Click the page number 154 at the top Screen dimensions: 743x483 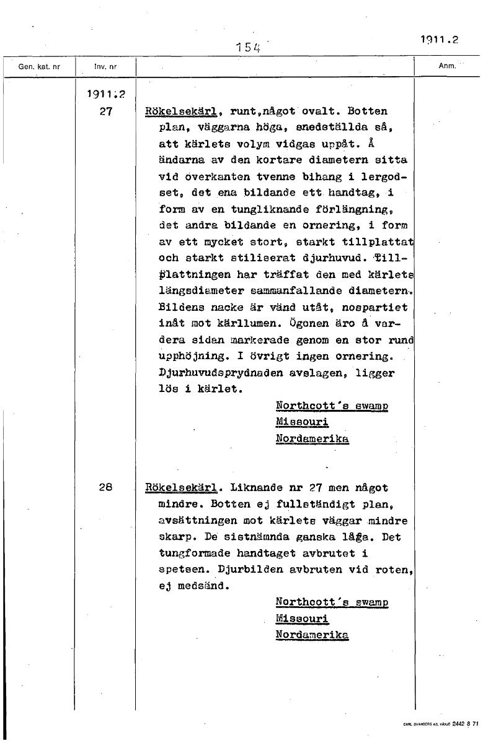point(247,46)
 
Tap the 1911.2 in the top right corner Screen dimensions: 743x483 point(438,39)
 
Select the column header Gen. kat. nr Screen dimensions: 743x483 point(37,64)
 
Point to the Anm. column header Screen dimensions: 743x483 point(446,64)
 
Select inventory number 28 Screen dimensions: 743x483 point(105,486)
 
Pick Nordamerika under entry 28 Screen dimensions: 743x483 point(312,635)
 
